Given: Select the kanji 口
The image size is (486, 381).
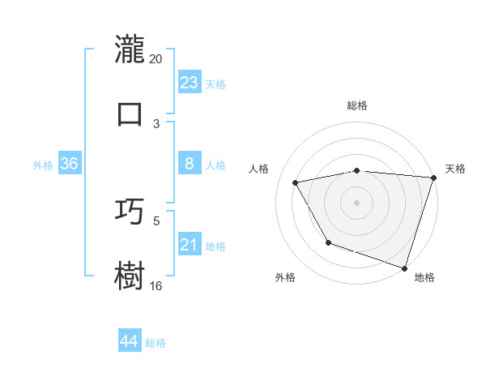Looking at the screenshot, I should tap(130, 113).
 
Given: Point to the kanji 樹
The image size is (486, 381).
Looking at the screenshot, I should tap(130, 275).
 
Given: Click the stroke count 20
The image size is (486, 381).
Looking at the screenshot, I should tap(156, 58).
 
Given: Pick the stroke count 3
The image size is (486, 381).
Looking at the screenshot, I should tap(156, 123).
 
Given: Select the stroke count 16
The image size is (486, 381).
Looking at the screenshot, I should tap(156, 285).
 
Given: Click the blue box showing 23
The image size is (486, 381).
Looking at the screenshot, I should tap(189, 83).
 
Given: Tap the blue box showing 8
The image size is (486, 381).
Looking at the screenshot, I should tap(189, 164).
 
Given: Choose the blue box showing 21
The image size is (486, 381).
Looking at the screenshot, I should tap(189, 245).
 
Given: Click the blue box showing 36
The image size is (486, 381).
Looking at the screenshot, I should tap(69, 164).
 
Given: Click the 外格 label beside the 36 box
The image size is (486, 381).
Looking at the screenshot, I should tap(43, 165).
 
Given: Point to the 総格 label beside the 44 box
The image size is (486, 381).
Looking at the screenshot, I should tap(156, 342).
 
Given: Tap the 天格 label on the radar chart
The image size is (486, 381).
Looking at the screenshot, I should tap(455, 169).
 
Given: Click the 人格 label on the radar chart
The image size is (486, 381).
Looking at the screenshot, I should tap(259, 169).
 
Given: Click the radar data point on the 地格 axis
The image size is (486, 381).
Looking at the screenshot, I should tap(404, 268).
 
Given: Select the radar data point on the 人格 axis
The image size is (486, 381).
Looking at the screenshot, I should tap(296, 183).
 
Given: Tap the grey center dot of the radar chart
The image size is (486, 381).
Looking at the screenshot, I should tap(357, 202).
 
